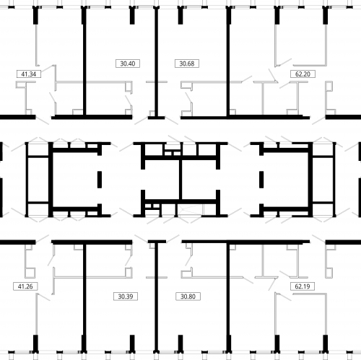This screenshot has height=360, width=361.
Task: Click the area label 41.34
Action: (x=29, y=74)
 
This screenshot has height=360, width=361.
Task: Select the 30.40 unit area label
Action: (x=128, y=63)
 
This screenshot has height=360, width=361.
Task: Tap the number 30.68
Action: (x=187, y=63)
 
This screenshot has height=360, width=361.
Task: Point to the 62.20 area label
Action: (x=303, y=74)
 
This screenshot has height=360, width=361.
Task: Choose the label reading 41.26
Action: (x=25, y=286)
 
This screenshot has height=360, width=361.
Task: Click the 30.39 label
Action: (x=126, y=297)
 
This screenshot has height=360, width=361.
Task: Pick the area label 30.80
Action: (x=188, y=297)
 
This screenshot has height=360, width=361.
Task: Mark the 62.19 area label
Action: (x=303, y=286)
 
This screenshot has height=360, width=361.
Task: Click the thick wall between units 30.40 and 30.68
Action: (x=157, y=63)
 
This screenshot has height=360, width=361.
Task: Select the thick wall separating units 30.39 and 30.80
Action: (x=157, y=297)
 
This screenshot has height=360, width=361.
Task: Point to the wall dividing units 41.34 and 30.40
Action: (x=84, y=63)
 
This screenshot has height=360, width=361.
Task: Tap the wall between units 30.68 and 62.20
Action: (x=228, y=63)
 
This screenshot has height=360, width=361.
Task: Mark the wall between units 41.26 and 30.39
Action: (x=84, y=297)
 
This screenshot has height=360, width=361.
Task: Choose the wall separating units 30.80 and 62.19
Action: (x=228, y=297)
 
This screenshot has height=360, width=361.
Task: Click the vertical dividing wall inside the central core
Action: (x=180, y=179)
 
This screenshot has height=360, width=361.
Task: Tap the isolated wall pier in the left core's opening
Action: (x=100, y=180)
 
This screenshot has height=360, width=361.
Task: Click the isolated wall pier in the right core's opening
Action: (x=261, y=180)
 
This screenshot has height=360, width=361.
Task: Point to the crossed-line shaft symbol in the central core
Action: (x=191, y=210)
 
